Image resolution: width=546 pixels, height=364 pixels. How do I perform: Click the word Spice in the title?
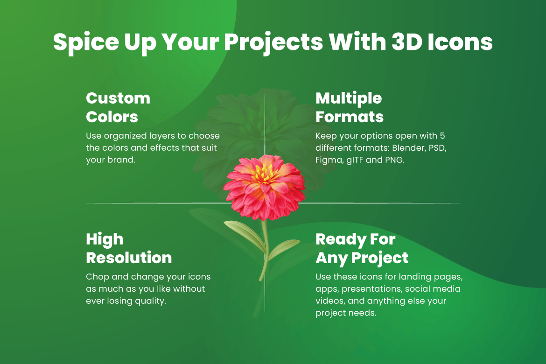(x=86, y=42)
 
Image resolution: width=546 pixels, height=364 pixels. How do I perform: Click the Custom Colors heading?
(x=118, y=108)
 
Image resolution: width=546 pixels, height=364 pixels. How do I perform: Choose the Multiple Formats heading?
(x=349, y=108)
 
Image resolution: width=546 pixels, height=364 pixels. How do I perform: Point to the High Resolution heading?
(x=129, y=248)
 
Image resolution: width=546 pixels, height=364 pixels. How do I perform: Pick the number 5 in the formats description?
(x=442, y=135)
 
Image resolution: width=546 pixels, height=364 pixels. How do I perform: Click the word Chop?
(x=98, y=277)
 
